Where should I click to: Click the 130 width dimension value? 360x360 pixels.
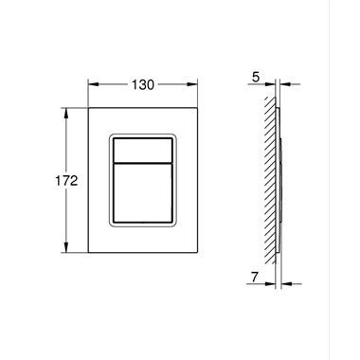pyautogui.click(x=143, y=84)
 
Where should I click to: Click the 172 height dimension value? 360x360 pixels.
pyautogui.click(x=66, y=181)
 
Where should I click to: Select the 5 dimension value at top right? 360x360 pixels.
pyautogui.click(x=256, y=78)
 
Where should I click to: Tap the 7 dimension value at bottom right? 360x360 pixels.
pyautogui.click(x=255, y=278)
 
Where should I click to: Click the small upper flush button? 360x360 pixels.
pyautogui.click(x=143, y=150)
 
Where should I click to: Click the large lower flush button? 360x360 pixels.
pyautogui.click(x=143, y=193)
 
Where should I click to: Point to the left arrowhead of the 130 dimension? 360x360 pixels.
pyautogui.click(x=94, y=84)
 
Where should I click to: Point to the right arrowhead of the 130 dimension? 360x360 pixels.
pyautogui.click(x=192, y=84)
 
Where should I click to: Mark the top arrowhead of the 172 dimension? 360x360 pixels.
pyautogui.click(x=66, y=113)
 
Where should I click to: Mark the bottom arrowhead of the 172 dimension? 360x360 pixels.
pyautogui.click(x=66, y=247)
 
